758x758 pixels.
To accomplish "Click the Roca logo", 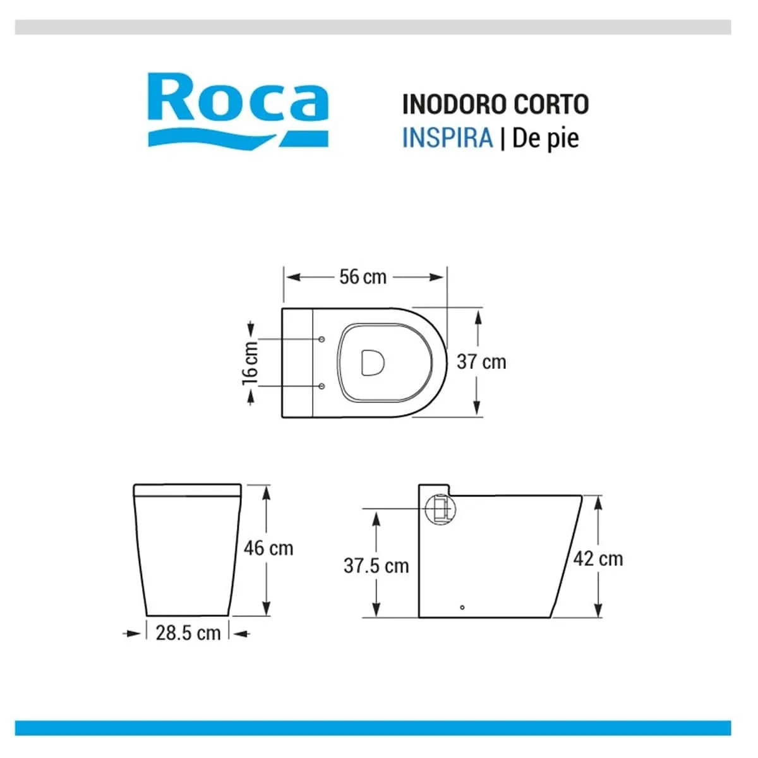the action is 238,111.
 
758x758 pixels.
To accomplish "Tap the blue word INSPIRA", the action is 447,138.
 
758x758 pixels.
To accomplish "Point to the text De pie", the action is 546,139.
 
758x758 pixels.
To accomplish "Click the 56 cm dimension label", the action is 363,277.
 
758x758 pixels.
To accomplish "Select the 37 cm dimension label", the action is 481,362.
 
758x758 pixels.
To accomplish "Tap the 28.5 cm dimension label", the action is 188,633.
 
